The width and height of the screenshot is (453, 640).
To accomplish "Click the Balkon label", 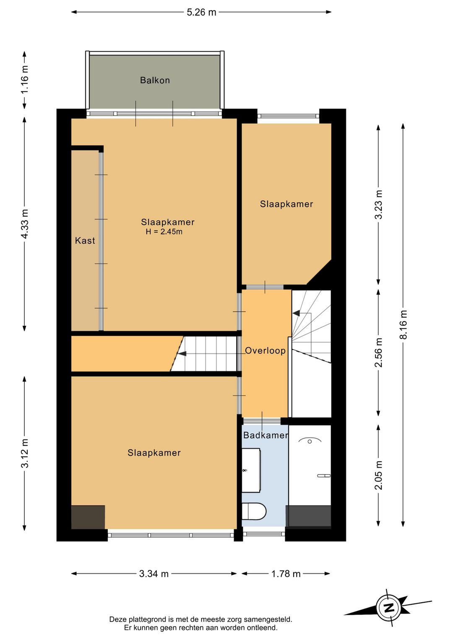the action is coord(155,80).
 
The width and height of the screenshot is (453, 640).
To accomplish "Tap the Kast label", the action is coord(85,241).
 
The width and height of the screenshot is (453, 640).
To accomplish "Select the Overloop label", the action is coord(265,351).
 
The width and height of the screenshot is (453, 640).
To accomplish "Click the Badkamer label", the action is coord(266,435).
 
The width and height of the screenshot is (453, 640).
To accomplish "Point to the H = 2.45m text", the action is coord(164,232).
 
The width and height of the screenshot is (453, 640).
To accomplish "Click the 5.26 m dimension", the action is coord(201,12).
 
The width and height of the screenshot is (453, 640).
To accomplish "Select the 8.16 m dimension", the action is coord(403,325).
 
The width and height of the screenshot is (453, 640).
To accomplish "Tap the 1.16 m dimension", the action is coord(25,79).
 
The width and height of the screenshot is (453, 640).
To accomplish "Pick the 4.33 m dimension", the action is coord(25,224).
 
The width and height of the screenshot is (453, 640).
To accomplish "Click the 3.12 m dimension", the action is coord(25,453).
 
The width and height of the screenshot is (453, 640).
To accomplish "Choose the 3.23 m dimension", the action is coord(378,205).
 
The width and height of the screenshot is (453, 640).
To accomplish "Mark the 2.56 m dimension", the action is coord(378,353).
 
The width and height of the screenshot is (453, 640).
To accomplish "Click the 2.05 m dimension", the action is coord(378,475).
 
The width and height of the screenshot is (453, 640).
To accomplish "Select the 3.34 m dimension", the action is coord(154,574).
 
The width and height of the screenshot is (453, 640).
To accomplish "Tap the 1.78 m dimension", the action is coord(286,574).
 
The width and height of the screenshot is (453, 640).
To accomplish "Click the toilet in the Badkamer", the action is coord(254,512).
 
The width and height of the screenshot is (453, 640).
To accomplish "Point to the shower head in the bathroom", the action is coord(310,442).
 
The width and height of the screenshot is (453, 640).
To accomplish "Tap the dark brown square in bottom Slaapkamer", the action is coord(88,518).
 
